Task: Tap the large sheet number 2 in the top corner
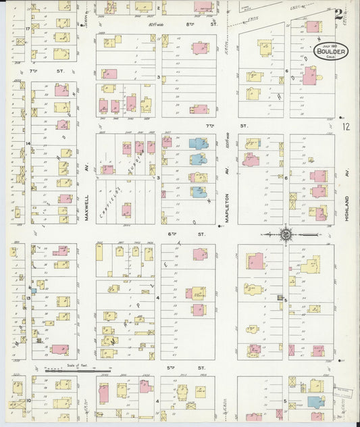pyautogui.click(x=337, y=13)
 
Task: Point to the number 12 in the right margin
pyautogui.click(x=346, y=126)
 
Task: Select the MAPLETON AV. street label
pyautogui.click(x=228, y=197)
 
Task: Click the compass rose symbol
pyautogui.click(x=286, y=234)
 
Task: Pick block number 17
pyautogui.click(x=28, y=29)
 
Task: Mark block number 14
pyautogui.click(x=28, y=143)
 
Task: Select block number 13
pyautogui.click(x=28, y=297)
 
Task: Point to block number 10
pyautogui.click(x=28, y=400)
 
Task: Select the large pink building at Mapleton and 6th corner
pyautogui.click(x=255, y=261)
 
